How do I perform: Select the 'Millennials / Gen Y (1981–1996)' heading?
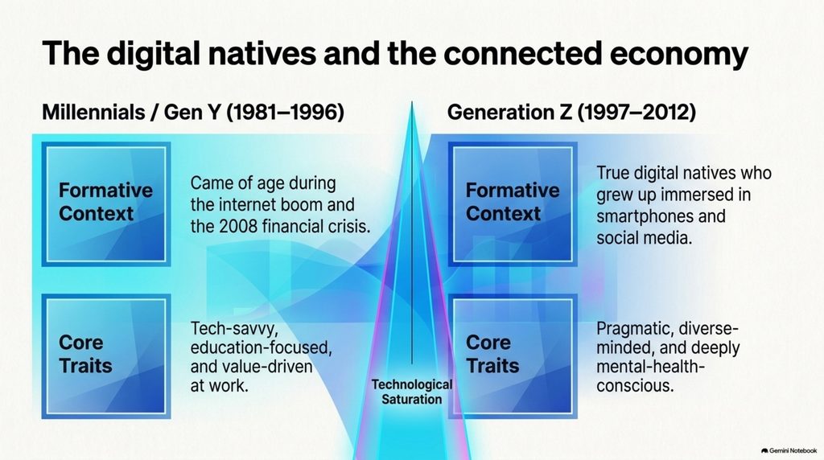193,113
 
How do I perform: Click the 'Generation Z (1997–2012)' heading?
571,113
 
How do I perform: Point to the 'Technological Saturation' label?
411,392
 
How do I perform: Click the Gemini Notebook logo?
789,450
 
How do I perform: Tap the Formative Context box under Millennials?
106,203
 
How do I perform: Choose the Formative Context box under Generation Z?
513,203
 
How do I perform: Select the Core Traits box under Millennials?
106,356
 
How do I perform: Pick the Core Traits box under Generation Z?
513,356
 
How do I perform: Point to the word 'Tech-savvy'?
234,329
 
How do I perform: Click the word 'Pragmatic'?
634,329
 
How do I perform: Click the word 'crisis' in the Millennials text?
352,226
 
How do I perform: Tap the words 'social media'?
645,238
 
